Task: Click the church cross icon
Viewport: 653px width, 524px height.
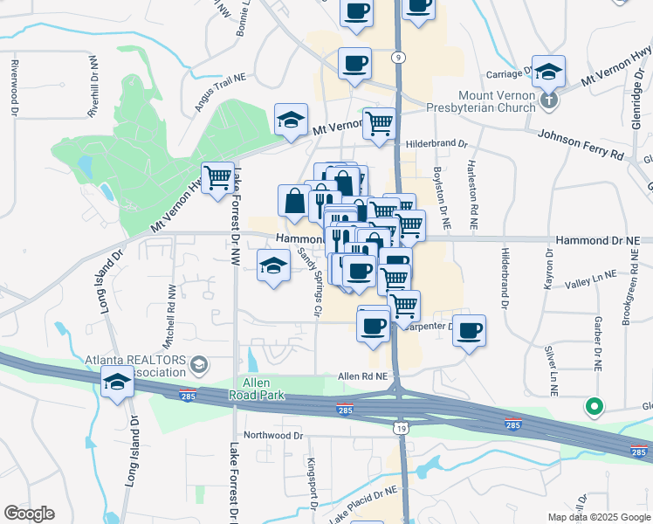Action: [x=547, y=100]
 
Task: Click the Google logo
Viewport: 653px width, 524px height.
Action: [x=29, y=514]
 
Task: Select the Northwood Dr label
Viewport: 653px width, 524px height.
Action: [x=273, y=435]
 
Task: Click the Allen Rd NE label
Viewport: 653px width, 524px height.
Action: [x=361, y=376]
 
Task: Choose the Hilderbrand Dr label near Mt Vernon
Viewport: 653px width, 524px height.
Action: [x=436, y=142]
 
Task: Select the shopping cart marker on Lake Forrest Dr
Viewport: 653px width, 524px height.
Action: [x=217, y=178]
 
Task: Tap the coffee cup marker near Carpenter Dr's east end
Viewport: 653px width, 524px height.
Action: [x=469, y=330]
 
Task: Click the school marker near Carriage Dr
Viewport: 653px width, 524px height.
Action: [x=548, y=71]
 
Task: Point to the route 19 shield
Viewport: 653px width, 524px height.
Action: [x=400, y=427]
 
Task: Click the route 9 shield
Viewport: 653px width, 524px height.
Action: [x=398, y=57]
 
